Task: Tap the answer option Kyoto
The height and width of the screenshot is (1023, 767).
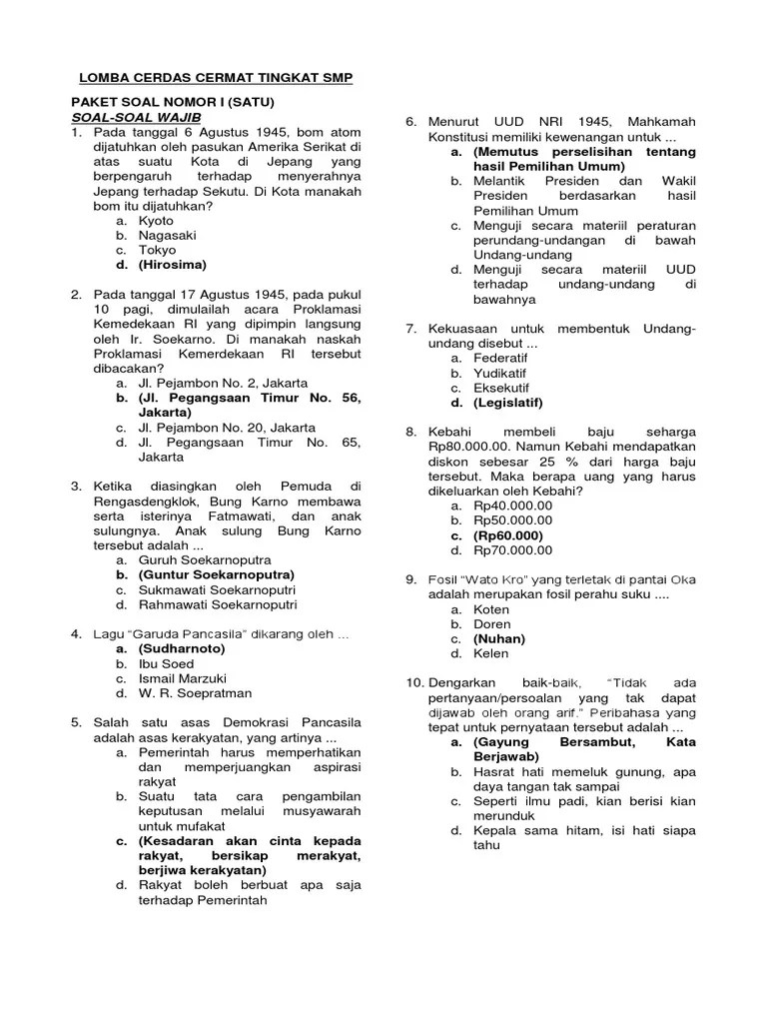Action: pyautogui.click(x=156, y=221)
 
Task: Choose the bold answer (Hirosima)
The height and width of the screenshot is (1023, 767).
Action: pyautogui.click(x=173, y=265)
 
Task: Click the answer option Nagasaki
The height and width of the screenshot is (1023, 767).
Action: pyautogui.click(x=167, y=236)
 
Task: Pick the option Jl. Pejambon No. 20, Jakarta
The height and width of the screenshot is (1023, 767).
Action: pyautogui.click(x=223, y=428)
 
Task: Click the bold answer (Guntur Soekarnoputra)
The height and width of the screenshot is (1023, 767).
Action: pyautogui.click(x=217, y=575)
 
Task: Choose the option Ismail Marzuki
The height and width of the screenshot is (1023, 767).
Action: pyautogui.click(x=183, y=678)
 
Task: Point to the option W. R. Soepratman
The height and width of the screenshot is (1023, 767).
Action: pyautogui.click(x=196, y=693)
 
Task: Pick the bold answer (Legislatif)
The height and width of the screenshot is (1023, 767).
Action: pyautogui.click(x=508, y=403)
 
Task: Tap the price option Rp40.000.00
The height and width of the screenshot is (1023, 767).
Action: pyautogui.click(x=512, y=506)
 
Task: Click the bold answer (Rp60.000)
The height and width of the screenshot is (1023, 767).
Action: pyautogui.click(x=510, y=535)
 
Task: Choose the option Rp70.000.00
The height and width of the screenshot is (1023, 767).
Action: pyautogui.click(x=512, y=550)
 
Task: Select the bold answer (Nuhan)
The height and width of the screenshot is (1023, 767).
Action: pyautogui.click(x=499, y=638)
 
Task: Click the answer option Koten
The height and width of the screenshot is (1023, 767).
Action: pyautogui.click(x=491, y=609)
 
